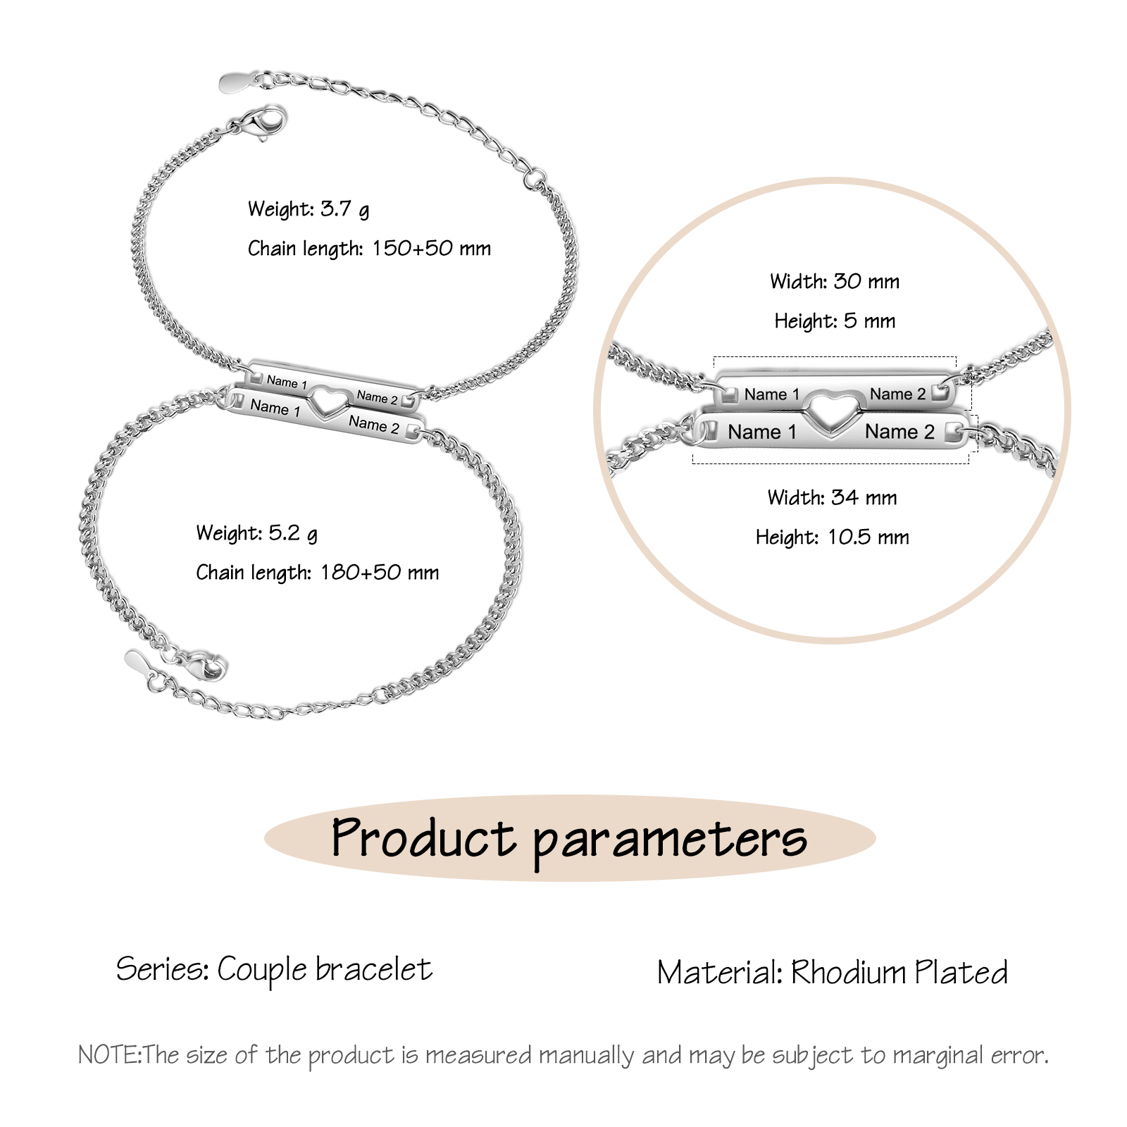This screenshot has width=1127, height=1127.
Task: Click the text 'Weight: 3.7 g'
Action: [308, 209]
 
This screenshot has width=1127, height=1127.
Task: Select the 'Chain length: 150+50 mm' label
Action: [368, 249]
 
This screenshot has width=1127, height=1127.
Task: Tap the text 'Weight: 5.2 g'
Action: [256, 533]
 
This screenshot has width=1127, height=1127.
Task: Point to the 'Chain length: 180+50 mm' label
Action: [317, 573]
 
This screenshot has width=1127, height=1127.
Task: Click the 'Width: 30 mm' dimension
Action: [835, 282]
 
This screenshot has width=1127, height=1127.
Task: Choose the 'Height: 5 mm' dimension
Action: [835, 321]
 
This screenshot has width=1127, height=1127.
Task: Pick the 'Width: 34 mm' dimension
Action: [832, 498]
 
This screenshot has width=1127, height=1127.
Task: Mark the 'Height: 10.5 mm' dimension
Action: [832, 537]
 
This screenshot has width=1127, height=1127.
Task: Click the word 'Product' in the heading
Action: [423, 838]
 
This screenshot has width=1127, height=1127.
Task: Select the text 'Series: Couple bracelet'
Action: [274, 970]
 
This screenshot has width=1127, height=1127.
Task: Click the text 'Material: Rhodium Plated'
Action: [832, 973]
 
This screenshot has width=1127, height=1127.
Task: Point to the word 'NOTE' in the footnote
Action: [109, 1055]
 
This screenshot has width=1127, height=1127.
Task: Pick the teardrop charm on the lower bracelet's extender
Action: [137, 661]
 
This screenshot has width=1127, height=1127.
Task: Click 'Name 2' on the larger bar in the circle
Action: [899, 432]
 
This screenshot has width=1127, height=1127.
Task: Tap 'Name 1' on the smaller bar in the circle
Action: [772, 394]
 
